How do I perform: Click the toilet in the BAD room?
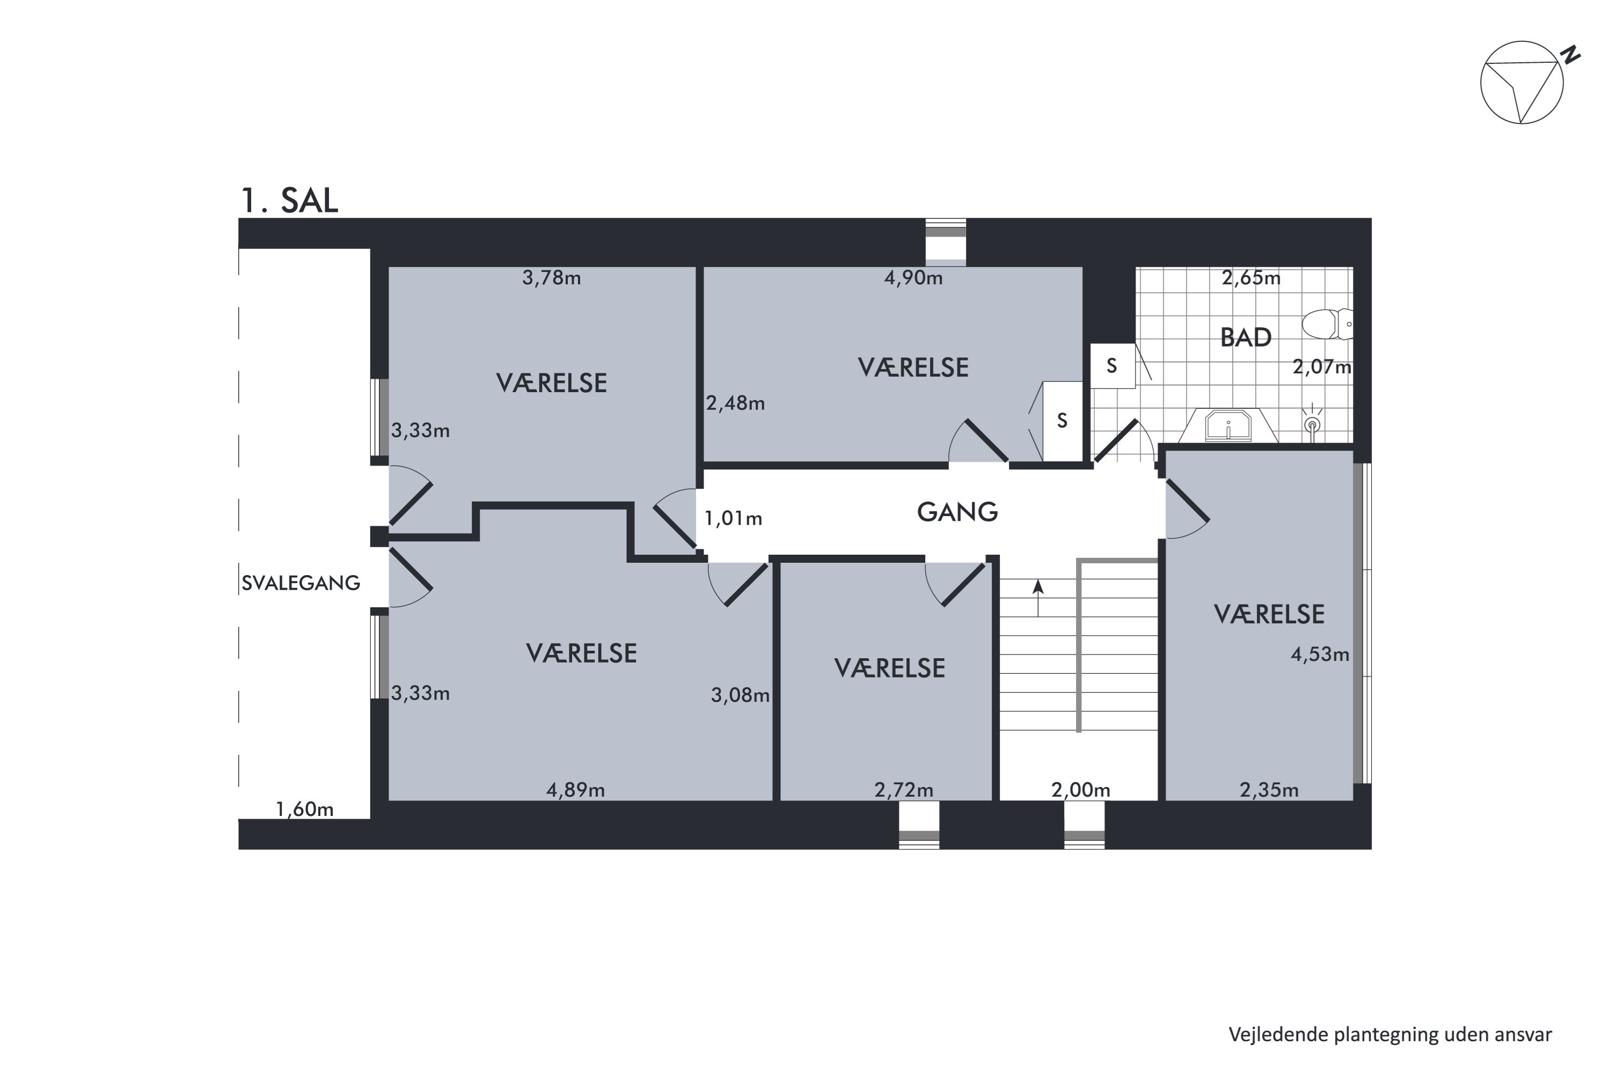click(1327, 324)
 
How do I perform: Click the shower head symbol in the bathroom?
click(1312, 424)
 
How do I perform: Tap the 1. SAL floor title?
click(289, 200)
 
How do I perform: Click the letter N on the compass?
click(1570, 55)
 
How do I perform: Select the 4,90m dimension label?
click(913, 278)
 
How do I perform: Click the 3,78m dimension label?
click(552, 278)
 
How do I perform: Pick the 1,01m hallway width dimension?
click(733, 519)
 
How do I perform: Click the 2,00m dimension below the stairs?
click(1080, 790)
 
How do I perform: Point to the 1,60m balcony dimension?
click(304, 810)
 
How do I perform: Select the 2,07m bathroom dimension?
click(1322, 367)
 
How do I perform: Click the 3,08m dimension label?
click(740, 696)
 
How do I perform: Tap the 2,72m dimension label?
click(904, 790)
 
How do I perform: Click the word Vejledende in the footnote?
click(1278, 1034)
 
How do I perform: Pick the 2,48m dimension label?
click(735, 403)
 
